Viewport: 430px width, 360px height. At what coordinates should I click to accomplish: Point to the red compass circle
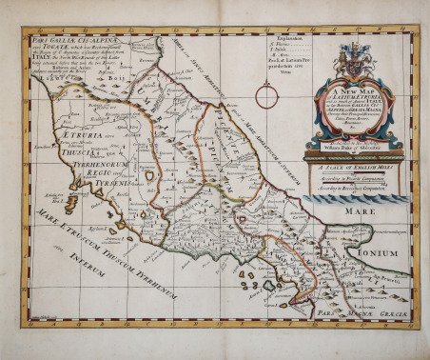coord(267,93)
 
